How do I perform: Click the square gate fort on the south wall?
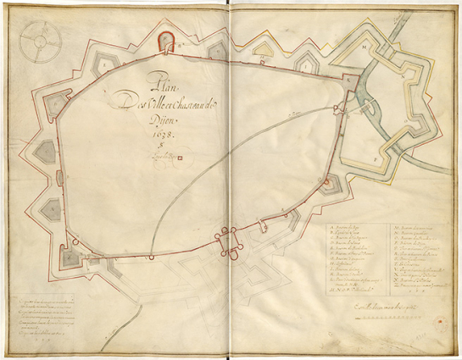(x=227, y=242)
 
